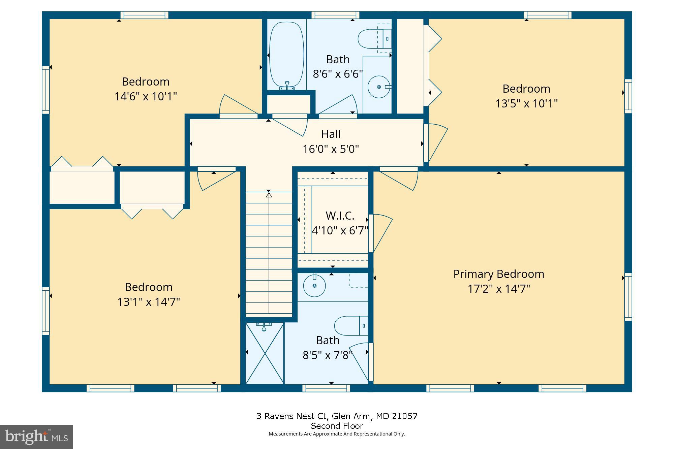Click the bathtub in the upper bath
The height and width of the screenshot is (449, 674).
coord(287,55)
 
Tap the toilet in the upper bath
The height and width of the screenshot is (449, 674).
coord(371,38)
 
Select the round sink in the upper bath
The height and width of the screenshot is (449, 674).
coord(379,87)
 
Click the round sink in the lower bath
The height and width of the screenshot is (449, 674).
coord(314,286)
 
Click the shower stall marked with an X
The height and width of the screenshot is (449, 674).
coord(265,353)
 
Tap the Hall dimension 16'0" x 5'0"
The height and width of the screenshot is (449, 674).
coord(331,149)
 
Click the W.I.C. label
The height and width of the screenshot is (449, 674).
coord(340,216)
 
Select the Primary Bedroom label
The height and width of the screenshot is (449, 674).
coord(498,274)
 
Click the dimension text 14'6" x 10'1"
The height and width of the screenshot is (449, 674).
coord(145,96)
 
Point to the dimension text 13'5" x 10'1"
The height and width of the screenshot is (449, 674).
coord(526,103)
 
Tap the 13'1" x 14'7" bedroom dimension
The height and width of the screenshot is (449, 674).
coord(148,301)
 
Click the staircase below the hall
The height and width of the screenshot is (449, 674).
coord(269,253)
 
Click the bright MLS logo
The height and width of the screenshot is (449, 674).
coord(36,437)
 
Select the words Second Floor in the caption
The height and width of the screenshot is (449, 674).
coord(337,426)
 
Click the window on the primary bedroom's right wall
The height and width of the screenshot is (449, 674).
coord(628,296)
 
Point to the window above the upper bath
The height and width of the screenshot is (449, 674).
coord(335,15)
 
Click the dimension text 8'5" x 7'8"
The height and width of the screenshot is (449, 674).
coord(328,355)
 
